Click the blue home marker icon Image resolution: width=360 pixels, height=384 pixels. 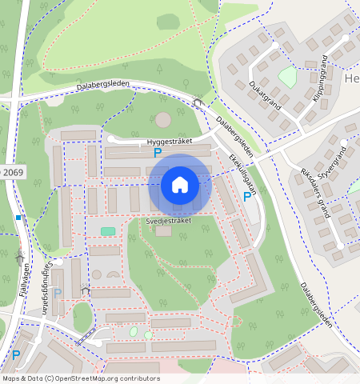click(x=180, y=186)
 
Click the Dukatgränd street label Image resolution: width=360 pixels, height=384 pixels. click(x=264, y=94)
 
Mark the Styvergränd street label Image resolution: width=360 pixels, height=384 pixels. click(x=334, y=163)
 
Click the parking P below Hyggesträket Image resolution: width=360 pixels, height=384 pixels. click(x=158, y=152)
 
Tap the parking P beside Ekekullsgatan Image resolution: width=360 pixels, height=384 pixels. click(x=246, y=196)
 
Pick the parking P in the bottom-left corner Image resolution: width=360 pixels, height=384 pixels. click(x=15, y=354)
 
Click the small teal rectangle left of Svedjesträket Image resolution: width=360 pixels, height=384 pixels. click(x=107, y=231)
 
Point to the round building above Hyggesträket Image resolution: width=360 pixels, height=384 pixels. click(x=162, y=120)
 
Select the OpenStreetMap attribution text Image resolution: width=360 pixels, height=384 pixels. click(x=80, y=378)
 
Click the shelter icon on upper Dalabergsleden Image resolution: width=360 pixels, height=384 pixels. click(x=198, y=102)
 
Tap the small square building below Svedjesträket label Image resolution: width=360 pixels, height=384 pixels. click(x=164, y=230)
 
